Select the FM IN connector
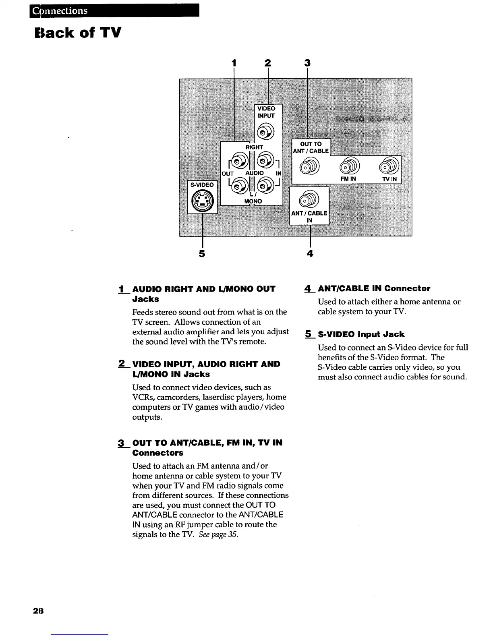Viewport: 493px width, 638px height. pos(349,165)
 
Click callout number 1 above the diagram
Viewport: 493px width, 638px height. pos(234,63)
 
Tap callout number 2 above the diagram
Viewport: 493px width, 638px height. pos(267,63)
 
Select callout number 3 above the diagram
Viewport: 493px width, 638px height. pos(307,63)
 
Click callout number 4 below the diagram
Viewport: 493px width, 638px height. pos(310,253)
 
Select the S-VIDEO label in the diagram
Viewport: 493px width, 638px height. pos(202,185)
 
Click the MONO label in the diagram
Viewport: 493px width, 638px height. pos(253,201)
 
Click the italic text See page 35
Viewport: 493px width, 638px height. pos(218,534)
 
